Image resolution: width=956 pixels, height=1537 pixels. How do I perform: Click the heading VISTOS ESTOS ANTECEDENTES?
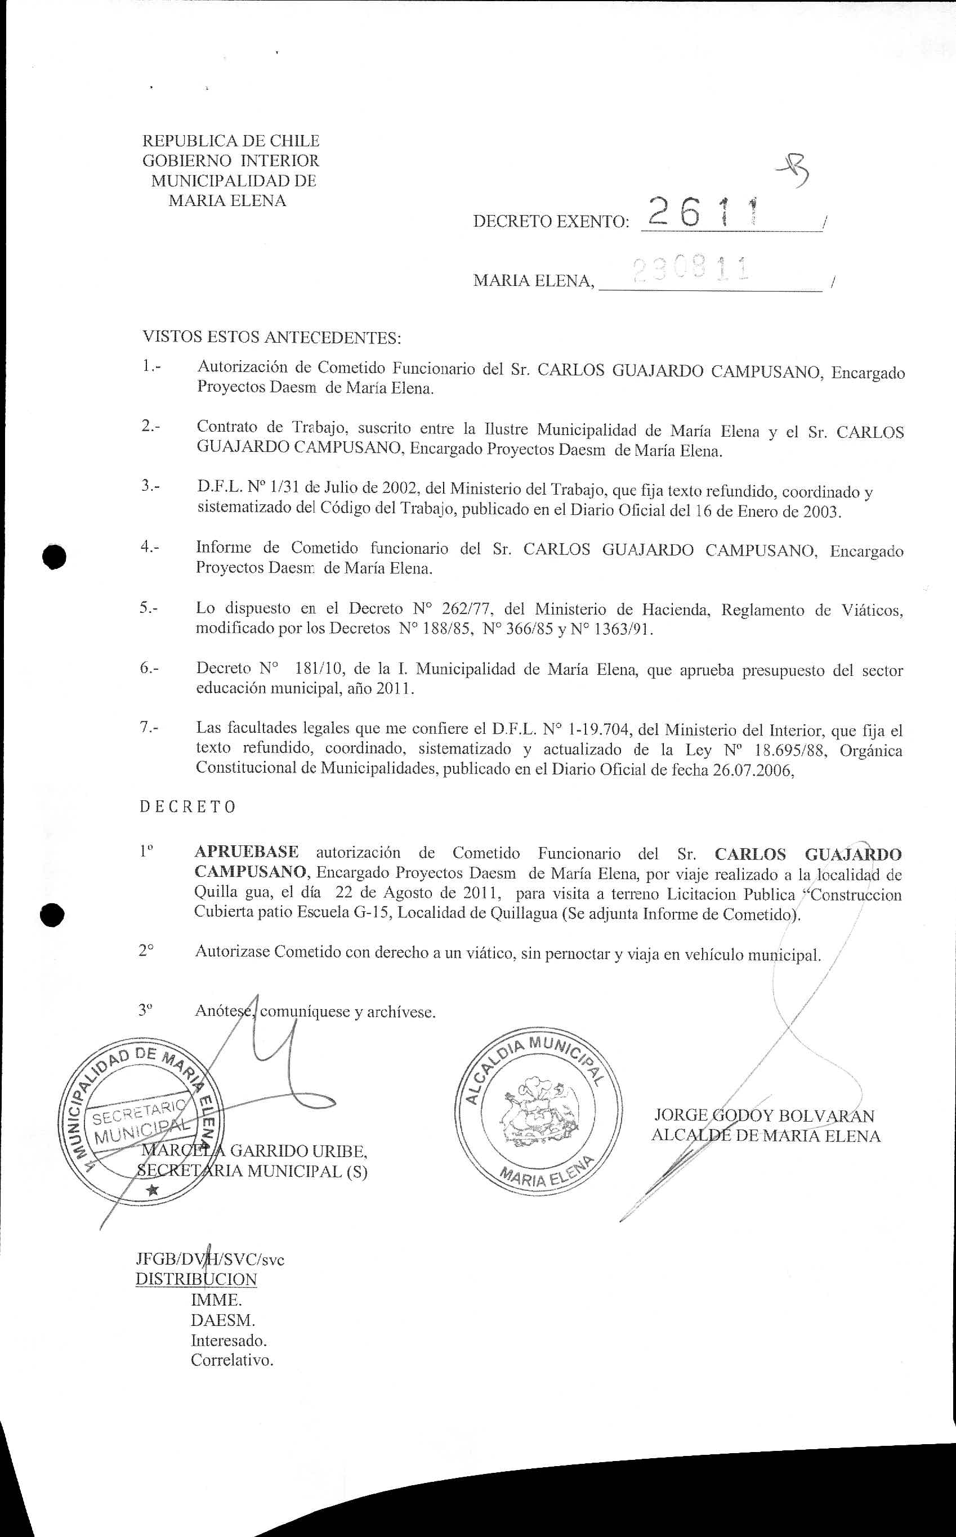tap(272, 337)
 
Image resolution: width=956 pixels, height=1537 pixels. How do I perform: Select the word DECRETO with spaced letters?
tap(188, 807)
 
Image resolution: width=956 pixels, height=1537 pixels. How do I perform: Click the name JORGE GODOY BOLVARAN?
tap(765, 1116)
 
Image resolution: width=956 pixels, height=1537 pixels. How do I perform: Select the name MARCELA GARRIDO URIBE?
tap(253, 1150)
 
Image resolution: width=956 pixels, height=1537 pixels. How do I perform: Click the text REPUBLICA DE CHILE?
tap(231, 140)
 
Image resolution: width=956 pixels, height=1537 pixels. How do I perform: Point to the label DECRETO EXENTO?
tap(551, 222)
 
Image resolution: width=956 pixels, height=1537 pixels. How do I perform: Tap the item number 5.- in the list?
tap(149, 608)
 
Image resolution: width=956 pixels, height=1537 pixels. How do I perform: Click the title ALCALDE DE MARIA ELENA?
tap(766, 1136)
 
